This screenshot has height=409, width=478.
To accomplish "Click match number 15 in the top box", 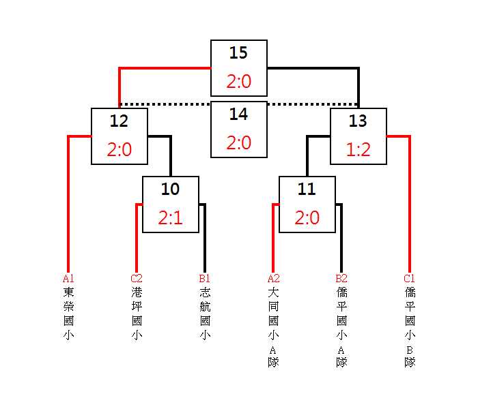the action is click(238, 52).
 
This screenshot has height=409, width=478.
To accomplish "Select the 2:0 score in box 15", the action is click(239, 81).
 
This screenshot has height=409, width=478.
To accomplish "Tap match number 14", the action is click(238, 114).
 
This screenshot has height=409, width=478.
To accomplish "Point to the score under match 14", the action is click(239, 142).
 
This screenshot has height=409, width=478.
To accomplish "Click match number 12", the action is click(119, 121).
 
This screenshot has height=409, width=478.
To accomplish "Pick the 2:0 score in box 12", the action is click(119, 149).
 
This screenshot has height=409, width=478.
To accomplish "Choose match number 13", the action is click(358, 121).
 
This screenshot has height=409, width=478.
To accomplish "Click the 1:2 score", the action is click(358, 149).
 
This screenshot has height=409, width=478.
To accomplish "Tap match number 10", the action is click(170, 189).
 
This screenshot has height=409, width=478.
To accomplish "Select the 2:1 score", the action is click(171, 217).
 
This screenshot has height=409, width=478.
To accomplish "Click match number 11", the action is click(307, 189).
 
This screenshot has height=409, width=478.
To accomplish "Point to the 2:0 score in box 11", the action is click(307, 217).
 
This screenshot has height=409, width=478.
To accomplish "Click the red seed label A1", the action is click(68, 278).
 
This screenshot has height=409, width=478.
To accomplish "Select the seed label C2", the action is click(137, 278).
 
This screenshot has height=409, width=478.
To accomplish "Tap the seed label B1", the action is click(205, 278).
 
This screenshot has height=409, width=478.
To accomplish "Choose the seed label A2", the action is click(273, 278).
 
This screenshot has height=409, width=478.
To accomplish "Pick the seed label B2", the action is click(341, 278).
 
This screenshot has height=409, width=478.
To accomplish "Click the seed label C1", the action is click(410, 278).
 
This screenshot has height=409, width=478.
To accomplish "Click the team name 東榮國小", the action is click(68, 314).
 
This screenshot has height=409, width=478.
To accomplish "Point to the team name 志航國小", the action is click(205, 314).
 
